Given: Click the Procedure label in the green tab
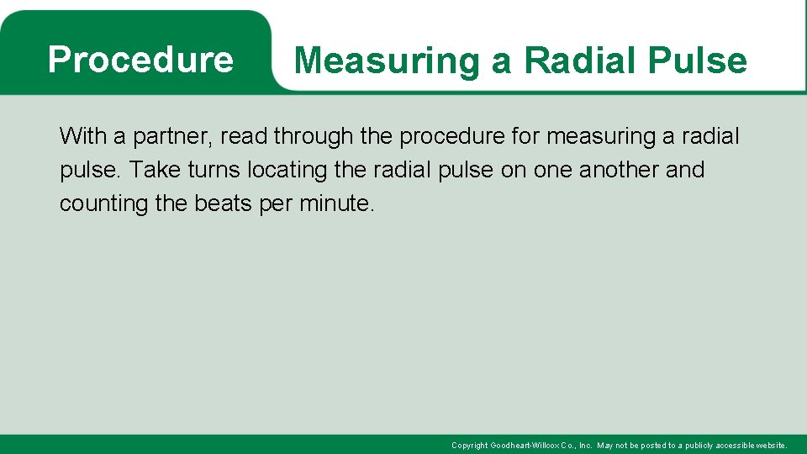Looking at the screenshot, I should (x=140, y=60).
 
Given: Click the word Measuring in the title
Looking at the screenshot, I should (x=387, y=61).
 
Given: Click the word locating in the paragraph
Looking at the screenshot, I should (x=287, y=171).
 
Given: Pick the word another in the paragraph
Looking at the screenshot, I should (x=620, y=170).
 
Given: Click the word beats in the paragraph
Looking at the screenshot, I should (x=223, y=203).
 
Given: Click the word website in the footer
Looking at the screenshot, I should (x=772, y=446).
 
